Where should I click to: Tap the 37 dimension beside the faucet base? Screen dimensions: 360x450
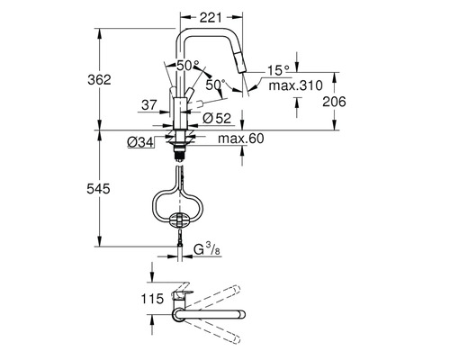[149, 104]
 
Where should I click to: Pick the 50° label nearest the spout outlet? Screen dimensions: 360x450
[215, 85]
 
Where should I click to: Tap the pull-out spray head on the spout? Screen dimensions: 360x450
[237, 69]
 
